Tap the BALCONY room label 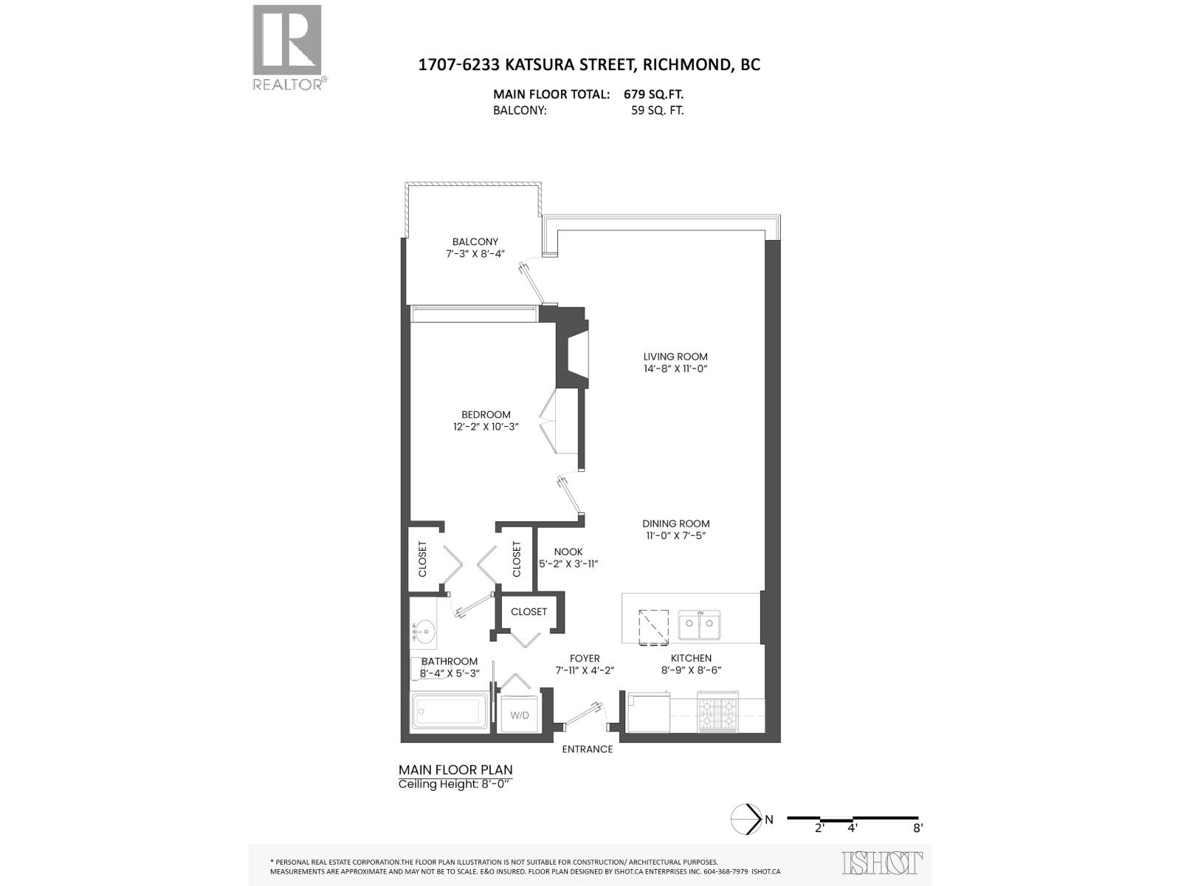[475, 241]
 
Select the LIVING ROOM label [675, 357]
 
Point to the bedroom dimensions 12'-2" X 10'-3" [486, 427]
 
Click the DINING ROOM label [675, 523]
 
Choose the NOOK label [568, 552]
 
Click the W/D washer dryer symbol [520, 715]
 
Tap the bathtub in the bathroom [449, 712]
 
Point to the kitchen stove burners [718, 713]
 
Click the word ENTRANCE [588, 749]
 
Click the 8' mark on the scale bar [918, 828]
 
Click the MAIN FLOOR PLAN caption [455, 769]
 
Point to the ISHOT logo [882, 862]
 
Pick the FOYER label [585, 659]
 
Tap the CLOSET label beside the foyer [528, 611]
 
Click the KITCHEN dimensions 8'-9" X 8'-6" [691, 670]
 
